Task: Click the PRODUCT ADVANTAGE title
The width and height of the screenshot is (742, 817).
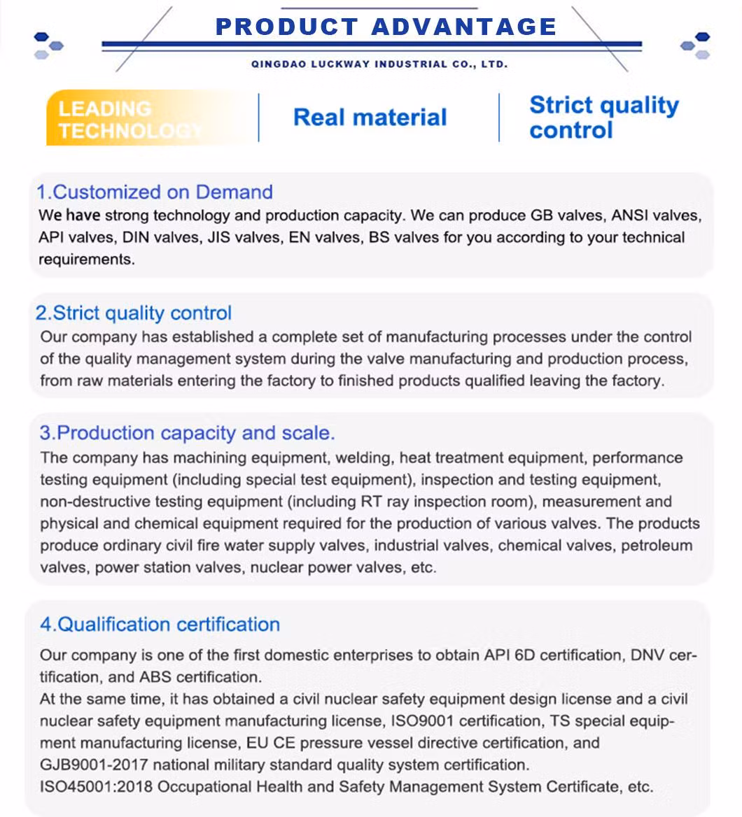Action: (386, 27)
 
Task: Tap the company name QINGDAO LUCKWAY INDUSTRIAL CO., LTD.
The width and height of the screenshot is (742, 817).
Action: (379, 64)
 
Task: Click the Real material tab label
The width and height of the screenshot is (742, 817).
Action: (370, 117)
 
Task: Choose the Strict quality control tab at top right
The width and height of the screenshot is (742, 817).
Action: (603, 118)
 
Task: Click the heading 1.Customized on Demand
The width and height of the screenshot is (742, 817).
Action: (154, 192)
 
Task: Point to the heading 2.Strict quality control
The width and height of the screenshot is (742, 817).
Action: (133, 313)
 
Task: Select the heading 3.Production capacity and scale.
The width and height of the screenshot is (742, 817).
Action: (187, 433)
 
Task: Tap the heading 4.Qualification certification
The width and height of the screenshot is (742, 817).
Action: (160, 624)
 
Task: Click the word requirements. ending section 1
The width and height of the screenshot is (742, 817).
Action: (86, 260)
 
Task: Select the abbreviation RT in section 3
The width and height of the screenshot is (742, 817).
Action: (371, 502)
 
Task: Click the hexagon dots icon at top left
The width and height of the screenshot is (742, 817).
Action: (48, 45)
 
